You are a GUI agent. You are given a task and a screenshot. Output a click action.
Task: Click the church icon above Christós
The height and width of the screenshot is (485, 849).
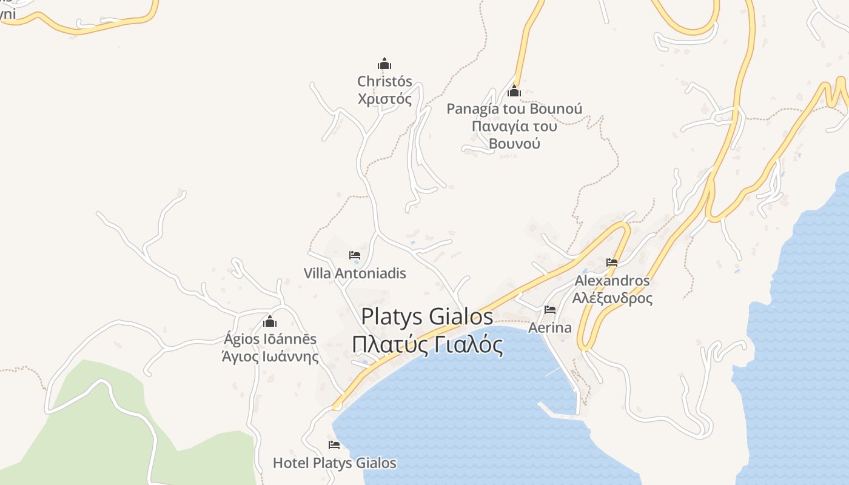384,64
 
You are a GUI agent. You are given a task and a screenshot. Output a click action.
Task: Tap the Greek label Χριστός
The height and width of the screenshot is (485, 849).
384,99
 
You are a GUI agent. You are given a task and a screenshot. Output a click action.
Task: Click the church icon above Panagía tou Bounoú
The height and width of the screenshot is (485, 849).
514,92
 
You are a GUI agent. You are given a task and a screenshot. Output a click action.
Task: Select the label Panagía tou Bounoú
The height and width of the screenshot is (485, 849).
514,109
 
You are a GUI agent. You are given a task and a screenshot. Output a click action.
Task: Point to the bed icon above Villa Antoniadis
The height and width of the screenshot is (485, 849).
355,255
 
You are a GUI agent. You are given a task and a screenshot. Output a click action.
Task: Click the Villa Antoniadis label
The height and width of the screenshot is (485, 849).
355,273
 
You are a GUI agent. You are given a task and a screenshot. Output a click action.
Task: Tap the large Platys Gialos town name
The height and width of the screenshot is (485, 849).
427,317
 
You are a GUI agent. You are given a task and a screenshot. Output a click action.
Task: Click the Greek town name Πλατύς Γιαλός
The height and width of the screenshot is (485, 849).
427,345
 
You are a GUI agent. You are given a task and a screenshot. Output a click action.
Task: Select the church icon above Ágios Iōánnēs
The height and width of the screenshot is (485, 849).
270,321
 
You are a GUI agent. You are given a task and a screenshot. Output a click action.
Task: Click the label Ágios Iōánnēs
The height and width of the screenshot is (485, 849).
270,339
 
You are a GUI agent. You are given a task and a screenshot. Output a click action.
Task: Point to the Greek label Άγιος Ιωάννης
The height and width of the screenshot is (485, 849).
270,356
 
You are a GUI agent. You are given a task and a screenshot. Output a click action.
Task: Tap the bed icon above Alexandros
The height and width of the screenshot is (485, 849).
612,263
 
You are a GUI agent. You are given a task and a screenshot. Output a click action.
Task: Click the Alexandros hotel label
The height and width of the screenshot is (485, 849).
612,281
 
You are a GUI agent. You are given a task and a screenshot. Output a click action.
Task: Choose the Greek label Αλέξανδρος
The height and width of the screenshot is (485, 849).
612,298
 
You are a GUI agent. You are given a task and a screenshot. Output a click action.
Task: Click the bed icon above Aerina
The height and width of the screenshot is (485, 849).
550,310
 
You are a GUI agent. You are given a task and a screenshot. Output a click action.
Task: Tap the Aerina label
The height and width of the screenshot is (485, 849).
550,328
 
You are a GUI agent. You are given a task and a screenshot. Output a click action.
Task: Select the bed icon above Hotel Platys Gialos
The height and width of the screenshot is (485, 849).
334,445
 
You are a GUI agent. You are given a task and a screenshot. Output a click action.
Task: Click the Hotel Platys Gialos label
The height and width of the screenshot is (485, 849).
334,463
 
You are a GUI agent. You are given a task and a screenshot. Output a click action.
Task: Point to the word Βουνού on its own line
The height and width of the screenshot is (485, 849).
514,144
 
